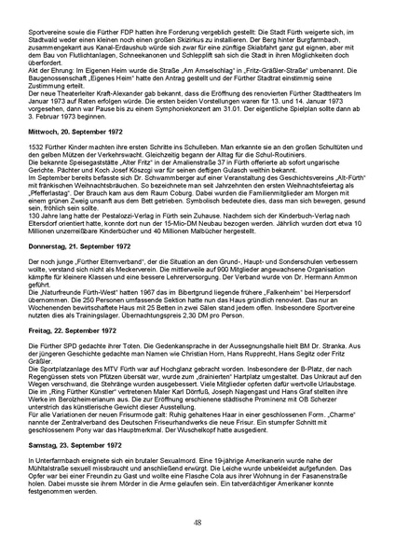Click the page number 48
coord(197,523)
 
